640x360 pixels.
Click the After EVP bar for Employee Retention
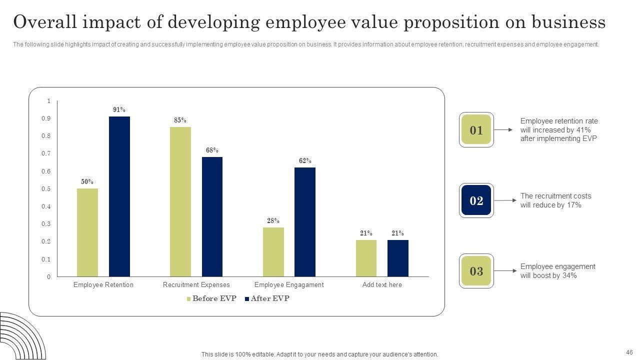119,196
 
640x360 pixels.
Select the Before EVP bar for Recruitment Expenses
180,201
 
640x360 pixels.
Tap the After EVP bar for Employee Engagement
305,221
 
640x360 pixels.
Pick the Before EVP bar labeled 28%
273,252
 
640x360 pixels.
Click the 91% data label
119,110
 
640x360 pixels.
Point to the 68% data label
212,150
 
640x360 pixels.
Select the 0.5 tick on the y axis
46,189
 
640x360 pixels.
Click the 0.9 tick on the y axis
46,118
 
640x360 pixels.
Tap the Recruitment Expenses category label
196,285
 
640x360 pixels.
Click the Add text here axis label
382,285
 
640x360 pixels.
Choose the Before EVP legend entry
211,299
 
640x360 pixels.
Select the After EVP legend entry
267,299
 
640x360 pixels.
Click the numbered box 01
476,130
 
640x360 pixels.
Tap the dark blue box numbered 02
476,200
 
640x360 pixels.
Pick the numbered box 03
476,271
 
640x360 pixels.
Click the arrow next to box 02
505,200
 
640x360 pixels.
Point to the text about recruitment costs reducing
555,200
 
